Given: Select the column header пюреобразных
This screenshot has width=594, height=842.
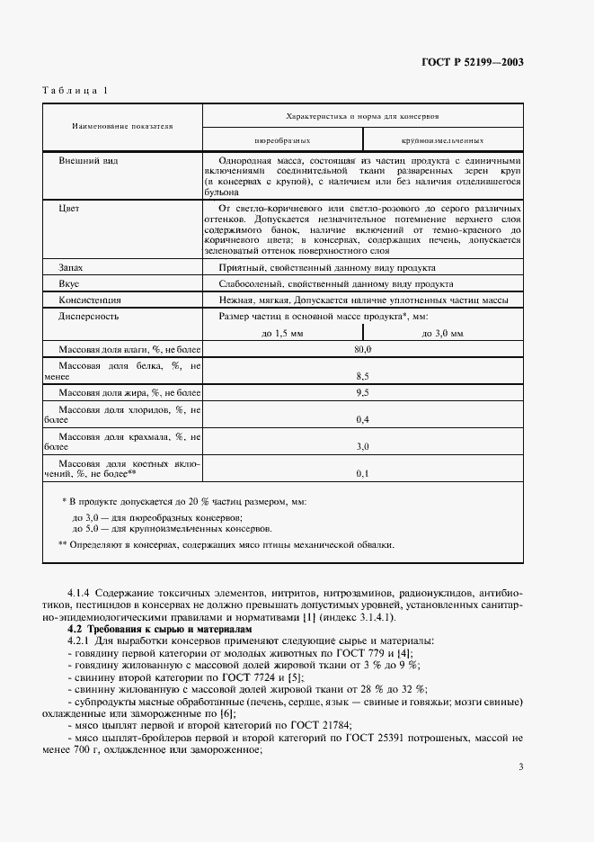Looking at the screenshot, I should coord(283,140).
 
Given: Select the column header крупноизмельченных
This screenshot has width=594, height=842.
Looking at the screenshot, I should coord(443,140).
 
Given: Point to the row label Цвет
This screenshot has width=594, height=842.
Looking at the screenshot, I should coord(68,208).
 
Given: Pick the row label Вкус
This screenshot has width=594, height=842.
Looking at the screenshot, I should coord(69,283).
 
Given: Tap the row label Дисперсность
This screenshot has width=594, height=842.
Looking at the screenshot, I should coord(88,317).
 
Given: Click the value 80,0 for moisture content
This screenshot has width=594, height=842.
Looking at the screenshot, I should coord(363,348).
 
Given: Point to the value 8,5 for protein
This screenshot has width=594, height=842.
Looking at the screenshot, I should coord(363,375).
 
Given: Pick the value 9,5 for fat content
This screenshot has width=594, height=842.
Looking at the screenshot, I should coord(363,393).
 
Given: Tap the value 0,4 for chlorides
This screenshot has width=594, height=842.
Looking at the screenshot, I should coord(363,420).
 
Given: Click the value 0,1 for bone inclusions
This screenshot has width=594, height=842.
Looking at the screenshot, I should coord(363,472).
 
